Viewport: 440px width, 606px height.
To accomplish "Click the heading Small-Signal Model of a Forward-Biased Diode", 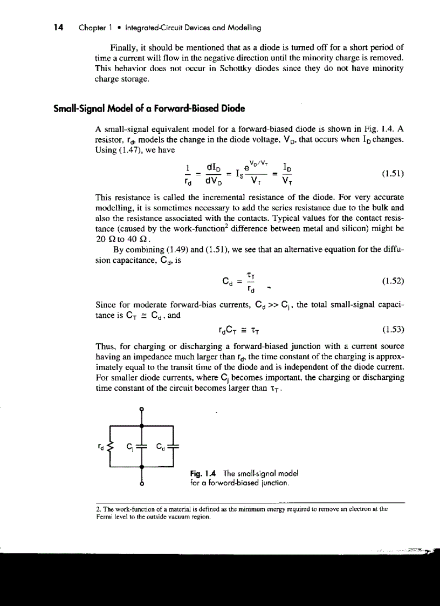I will (x=149, y=108).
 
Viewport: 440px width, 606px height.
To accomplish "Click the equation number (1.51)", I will (x=393, y=174).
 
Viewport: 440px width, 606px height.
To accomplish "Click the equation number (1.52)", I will (x=393, y=281).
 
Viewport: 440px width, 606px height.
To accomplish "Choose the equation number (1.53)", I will (x=393, y=330).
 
